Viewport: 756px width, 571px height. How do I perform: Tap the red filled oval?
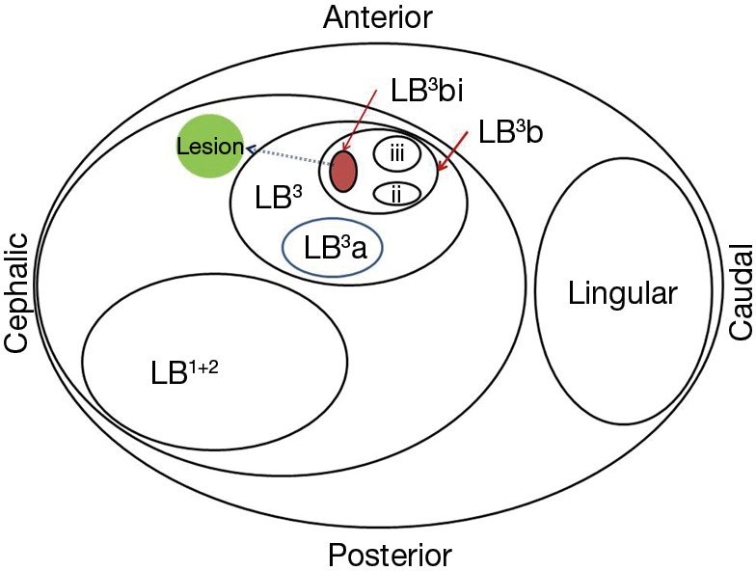(x=344, y=171)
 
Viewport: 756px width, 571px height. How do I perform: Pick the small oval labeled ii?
(x=395, y=193)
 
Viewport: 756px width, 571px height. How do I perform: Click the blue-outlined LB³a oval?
(x=333, y=248)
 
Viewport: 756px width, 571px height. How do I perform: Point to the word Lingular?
(x=622, y=293)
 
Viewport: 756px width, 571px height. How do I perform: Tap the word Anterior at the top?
(x=378, y=17)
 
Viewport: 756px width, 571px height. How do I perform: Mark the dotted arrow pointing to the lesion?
(x=289, y=156)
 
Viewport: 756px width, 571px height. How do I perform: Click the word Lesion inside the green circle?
(x=210, y=148)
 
